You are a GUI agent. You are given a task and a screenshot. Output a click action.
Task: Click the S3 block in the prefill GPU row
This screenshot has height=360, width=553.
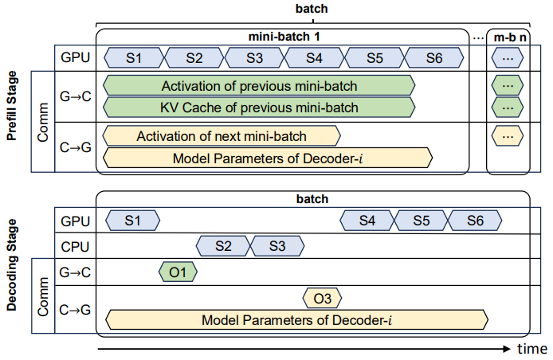255,58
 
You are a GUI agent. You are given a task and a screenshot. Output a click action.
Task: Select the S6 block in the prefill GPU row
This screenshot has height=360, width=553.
434,58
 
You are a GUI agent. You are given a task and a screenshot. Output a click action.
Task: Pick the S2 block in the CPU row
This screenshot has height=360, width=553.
222,246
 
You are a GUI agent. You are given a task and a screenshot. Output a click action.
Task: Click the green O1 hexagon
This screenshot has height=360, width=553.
178,272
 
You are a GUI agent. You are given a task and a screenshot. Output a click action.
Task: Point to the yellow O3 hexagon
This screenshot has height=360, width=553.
322,299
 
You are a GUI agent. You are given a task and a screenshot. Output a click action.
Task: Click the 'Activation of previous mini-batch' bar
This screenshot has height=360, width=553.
260,86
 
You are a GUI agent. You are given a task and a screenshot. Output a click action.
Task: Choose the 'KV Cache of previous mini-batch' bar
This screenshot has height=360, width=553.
260,107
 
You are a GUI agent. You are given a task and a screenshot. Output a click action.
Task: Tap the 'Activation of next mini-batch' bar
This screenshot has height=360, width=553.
222,136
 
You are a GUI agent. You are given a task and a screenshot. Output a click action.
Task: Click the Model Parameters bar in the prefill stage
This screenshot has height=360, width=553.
268,157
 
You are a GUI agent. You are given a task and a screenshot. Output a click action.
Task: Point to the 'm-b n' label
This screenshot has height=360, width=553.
508,37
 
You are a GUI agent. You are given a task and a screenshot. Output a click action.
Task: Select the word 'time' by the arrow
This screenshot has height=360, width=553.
531,349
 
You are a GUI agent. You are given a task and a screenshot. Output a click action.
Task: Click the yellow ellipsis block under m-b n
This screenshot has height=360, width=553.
507,136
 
